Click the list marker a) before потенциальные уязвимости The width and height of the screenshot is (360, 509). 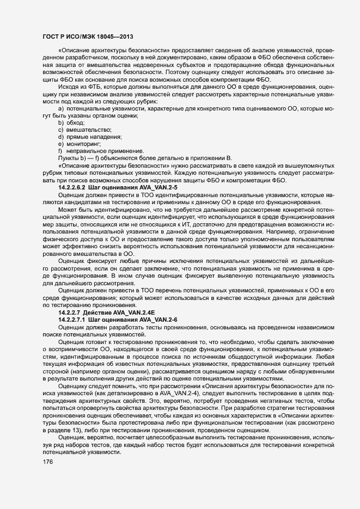tap(61, 109)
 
